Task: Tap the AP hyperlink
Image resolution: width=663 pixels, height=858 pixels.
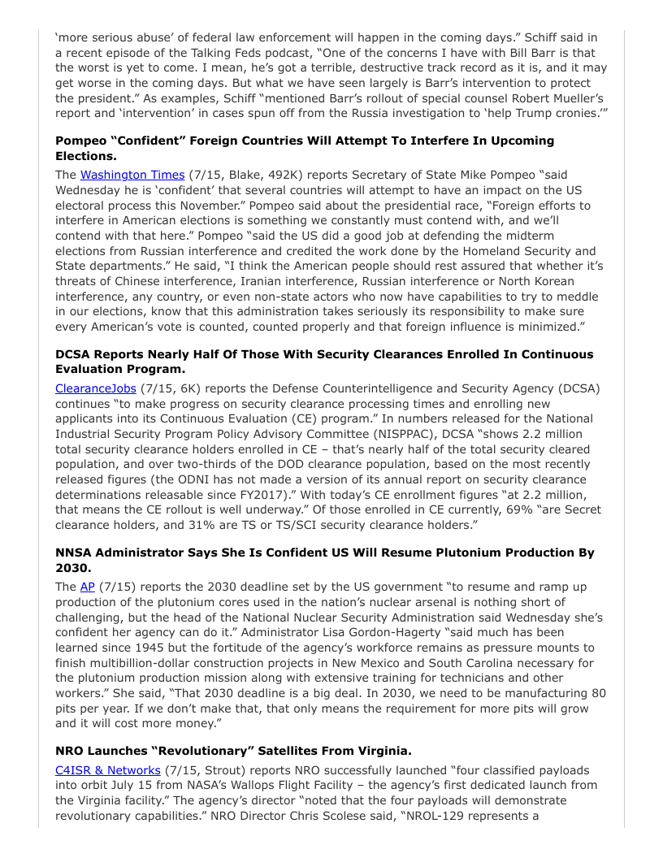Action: (87, 587)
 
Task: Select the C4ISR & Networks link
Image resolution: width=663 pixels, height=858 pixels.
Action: (108, 769)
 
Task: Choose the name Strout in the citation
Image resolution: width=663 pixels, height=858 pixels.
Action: (219, 769)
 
